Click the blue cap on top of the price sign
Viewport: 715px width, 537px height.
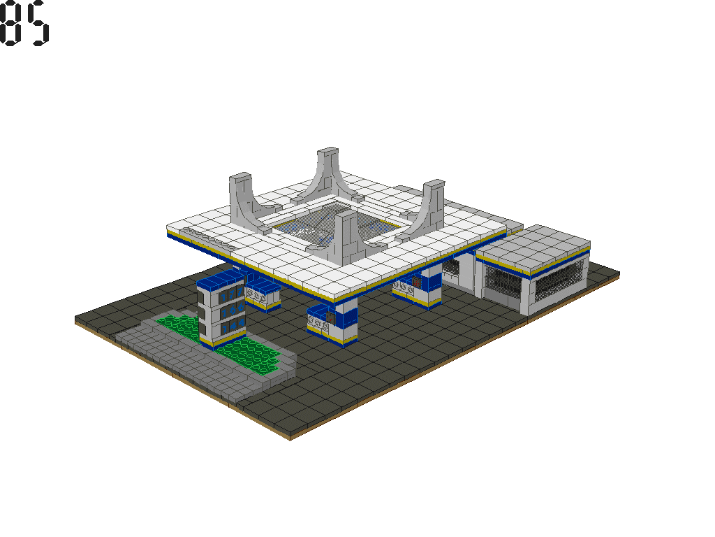(x=220, y=280)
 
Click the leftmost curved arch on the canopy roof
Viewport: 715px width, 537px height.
(x=244, y=199)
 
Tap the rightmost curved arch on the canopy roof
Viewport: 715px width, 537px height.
(x=427, y=206)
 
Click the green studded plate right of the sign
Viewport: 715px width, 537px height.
(x=255, y=357)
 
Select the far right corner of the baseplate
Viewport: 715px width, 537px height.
(x=619, y=271)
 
